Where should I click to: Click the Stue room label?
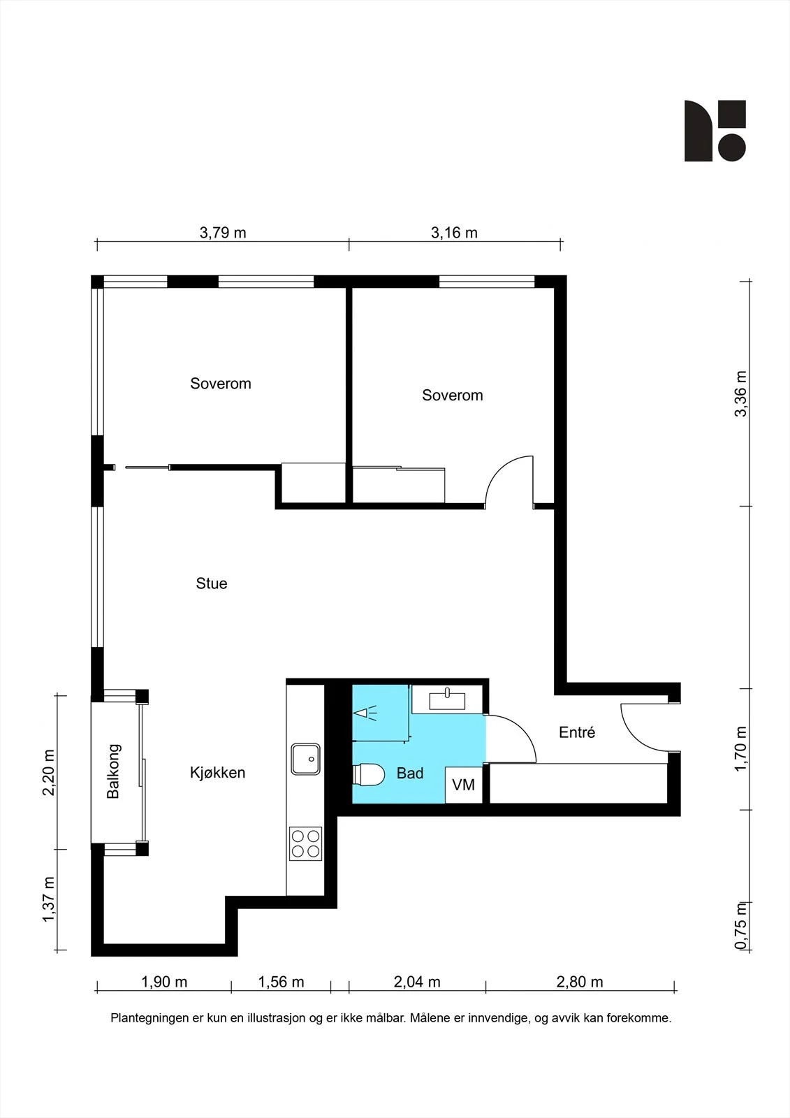coord(212,583)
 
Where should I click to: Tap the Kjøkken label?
coord(218,773)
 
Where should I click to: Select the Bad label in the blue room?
coord(410,773)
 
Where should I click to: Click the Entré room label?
coord(577,732)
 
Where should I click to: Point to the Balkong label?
coord(113,771)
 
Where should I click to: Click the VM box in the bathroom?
coord(464,785)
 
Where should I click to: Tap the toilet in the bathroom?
coord(369,775)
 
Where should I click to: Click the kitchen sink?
coord(305,759)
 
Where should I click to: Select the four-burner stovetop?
coord(305,843)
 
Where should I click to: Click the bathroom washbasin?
coord(447,700)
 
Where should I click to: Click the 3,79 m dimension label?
coord(223,233)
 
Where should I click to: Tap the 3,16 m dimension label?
coord(454,233)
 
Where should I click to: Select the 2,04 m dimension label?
coord(417,982)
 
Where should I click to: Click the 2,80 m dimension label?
coord(580,982)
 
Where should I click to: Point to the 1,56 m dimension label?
coord(281,982)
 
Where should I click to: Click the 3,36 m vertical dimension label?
coord(741,394)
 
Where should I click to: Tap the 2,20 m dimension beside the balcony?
coord(48,772)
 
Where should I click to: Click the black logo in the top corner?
coord(715,131)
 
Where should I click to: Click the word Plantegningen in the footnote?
coord(149,1017)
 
